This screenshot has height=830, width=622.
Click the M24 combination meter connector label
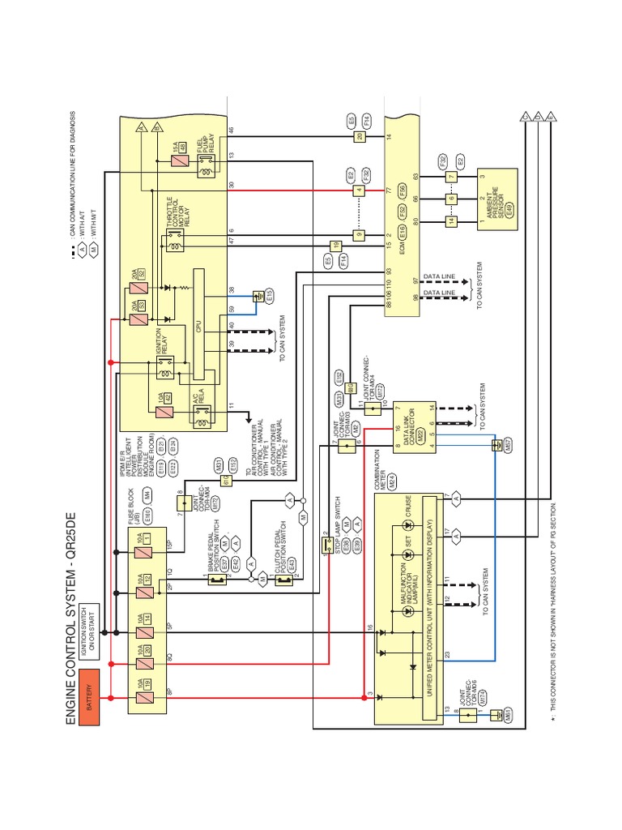(393, 478)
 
